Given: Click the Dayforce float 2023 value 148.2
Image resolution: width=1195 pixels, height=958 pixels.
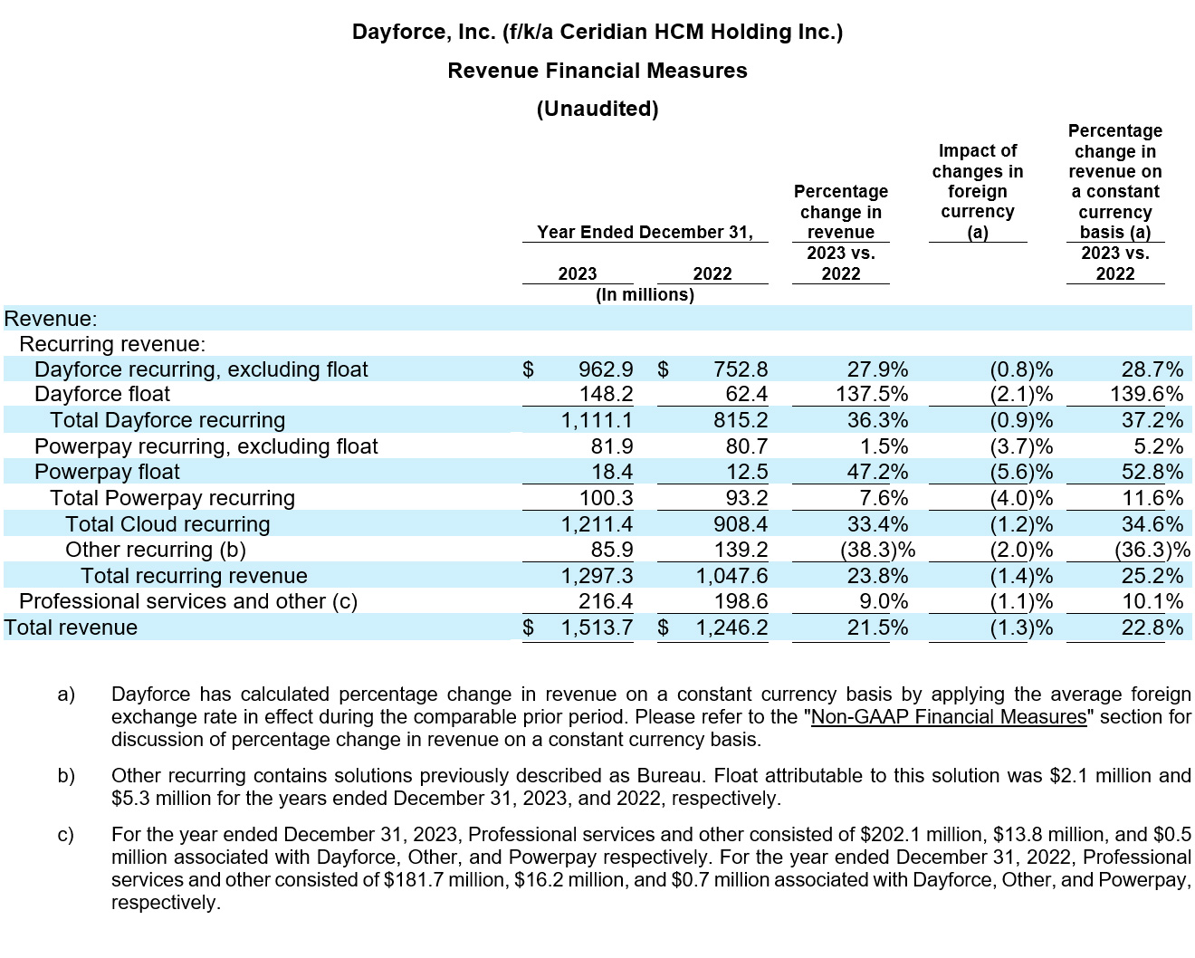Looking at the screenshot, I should pyautogui.click(x=606, y=394).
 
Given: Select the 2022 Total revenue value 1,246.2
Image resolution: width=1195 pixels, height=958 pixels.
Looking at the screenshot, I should pyautogui.click(x=731, y=627).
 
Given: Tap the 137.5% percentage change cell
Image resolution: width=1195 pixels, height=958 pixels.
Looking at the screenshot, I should pyautogui.click(x=873, y=394).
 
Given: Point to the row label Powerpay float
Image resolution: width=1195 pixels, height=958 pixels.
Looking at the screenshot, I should pyautogui.click(x=107, y=472).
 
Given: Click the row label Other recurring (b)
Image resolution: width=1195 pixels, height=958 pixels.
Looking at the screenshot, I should pyautogui.click(x=155, y=550).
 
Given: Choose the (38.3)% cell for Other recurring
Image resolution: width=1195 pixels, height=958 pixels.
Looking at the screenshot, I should pyautogui.click(x=875, y=550).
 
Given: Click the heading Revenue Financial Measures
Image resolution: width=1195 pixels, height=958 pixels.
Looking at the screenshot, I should pyautogui.click(x=597, y=71).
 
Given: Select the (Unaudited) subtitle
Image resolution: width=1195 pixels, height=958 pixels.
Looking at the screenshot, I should pyautogui.click(x=597, y=109).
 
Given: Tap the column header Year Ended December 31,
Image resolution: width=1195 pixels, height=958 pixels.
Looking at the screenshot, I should pyautogui.click(x=645, y=232).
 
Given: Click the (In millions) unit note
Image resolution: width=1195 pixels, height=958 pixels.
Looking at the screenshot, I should pyautogui.click(x=645, y=294).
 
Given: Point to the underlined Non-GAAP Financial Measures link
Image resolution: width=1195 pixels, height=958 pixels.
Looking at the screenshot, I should pyautogui.click(x=948, y=717).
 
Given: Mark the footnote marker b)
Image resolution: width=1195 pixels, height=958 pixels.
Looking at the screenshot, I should pyautogui.click(x=66, y=776).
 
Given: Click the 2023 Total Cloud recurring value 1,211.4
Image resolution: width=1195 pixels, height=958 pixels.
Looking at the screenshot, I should pyautogui.click(x=597, y=524).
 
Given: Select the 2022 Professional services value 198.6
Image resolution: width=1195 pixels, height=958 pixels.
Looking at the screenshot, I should pyautogui.click(x=740, y=601).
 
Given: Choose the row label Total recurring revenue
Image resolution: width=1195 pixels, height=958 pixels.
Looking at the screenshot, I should pyautogui.click(x=194, y=576).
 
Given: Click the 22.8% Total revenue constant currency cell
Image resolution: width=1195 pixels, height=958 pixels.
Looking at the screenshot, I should pyautogui.click(x=1152, y=627).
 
